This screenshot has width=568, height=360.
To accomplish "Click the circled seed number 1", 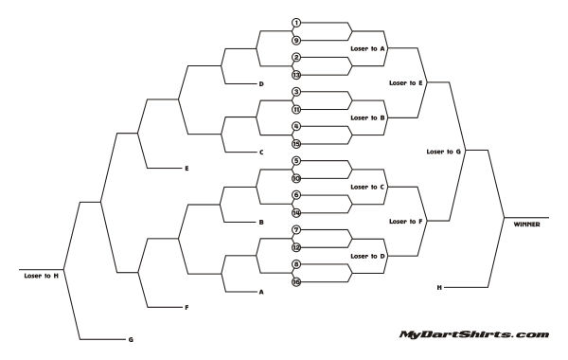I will click(296, 23).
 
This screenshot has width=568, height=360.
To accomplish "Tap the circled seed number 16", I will click(296, 282).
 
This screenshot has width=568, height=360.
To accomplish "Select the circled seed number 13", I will click(296, 75).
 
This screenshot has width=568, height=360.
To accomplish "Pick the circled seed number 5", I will click(296, 161).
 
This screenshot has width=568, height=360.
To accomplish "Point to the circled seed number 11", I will click(296, 109).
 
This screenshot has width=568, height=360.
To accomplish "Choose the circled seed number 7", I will click(296, 230).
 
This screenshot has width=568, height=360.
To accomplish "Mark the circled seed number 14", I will click(296, 213).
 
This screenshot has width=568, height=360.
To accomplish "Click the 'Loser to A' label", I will click(368, 48).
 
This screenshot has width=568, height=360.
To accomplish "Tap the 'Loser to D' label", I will click(368, 256).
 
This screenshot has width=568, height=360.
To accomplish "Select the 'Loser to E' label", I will click(406, 83).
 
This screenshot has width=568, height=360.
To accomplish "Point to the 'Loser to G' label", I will click(444, 152).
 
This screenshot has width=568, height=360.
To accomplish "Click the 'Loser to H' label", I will click(42, 275).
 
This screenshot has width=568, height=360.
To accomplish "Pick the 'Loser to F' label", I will click(406, 222).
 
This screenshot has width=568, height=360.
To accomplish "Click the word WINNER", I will click(528, 224).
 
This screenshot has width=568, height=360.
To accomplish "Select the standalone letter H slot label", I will click(439, 286).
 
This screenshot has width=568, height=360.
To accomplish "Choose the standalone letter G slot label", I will click(131, 339).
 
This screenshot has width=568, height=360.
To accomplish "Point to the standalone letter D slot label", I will click(260, 84).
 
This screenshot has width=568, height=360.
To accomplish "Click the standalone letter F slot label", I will click(186, 308).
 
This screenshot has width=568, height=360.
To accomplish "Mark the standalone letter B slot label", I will click(260, 223).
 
